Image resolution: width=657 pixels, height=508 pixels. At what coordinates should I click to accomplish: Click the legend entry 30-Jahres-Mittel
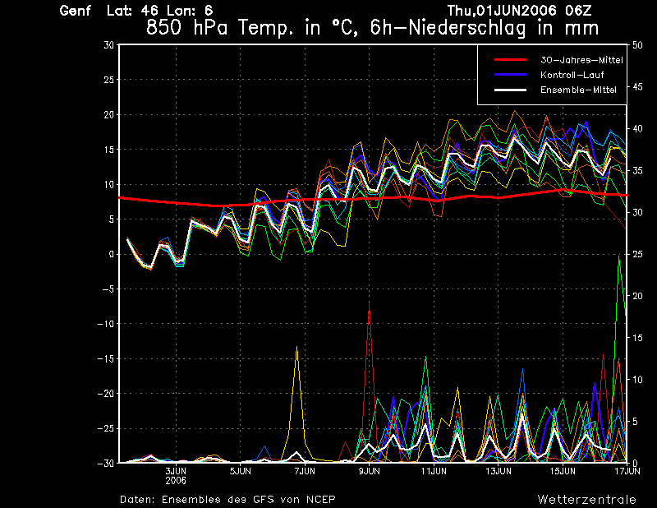tap(581, 60)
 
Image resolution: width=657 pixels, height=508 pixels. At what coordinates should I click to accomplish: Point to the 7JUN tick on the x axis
tap(305, 472)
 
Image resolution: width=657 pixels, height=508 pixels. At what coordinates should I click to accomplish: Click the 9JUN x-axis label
tap(369, 472)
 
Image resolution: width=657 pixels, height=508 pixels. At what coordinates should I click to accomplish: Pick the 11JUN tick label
tap(434, 472)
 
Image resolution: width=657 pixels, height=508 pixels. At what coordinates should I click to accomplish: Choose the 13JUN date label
tap(498, 472)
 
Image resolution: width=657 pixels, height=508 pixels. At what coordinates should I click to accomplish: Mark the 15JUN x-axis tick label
tap(563, 472)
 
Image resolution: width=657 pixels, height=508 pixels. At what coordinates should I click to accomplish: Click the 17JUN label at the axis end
tap(626, 472)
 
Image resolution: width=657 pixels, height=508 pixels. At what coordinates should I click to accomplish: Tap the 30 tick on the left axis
tap(109, 45)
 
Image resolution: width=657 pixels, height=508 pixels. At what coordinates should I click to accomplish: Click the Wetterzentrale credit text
tap(586, 499)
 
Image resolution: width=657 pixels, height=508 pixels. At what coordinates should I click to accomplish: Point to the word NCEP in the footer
tap(319, 499)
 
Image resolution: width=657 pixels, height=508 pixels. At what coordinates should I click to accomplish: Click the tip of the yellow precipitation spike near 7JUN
tap(296, 347)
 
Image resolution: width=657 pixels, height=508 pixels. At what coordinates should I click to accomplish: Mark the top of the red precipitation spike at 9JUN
tap(370, 302)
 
